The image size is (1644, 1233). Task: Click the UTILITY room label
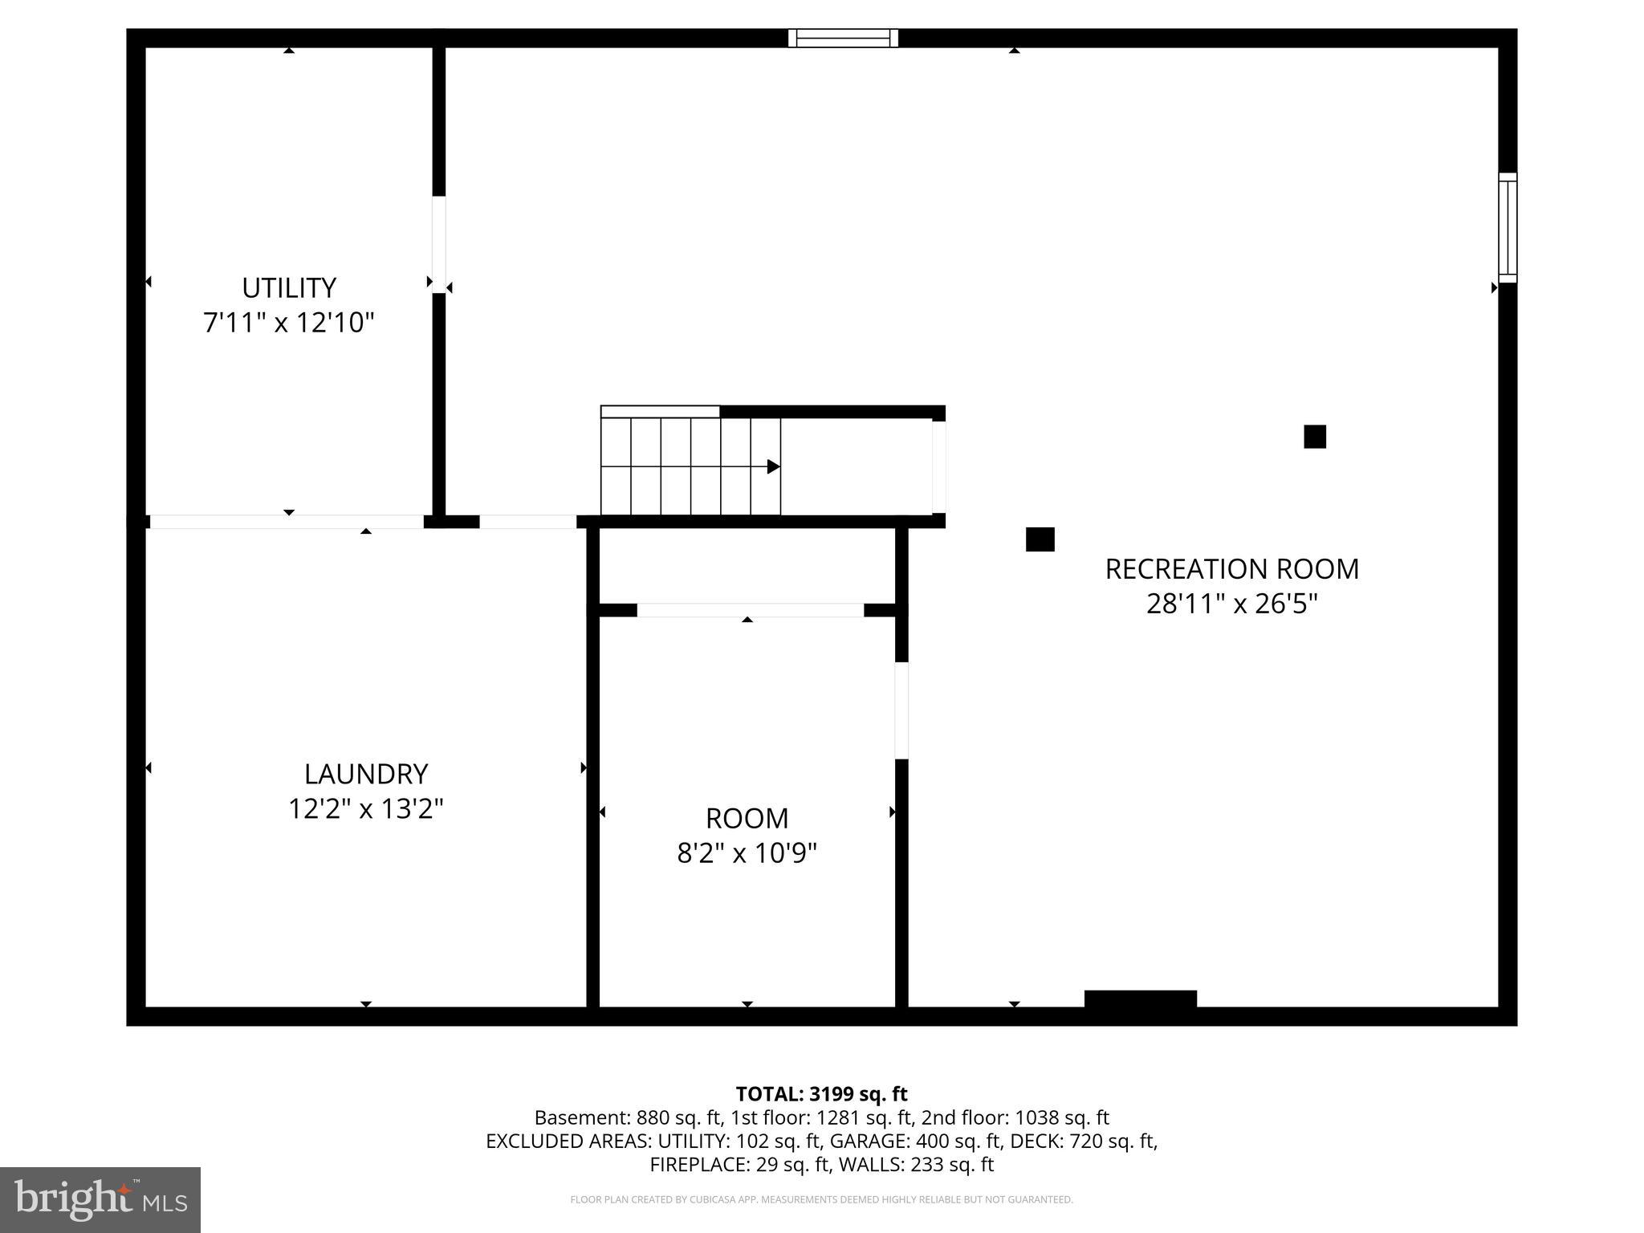[289, 287]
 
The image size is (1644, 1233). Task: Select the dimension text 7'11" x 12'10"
[289, 323]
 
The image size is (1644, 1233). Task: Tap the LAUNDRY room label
[366, 774]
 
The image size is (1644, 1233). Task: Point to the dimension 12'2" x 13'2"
[366, 808]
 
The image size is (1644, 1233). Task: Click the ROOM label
[747, 818]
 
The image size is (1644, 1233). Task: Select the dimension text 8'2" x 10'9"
[747, 853]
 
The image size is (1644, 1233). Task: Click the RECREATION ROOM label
[1231, 568]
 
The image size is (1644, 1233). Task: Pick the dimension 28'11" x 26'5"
[1231, 603]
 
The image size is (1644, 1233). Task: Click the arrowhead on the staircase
[773, 466]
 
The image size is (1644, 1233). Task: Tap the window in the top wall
[843, 38]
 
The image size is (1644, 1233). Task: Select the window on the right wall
[1508, 227]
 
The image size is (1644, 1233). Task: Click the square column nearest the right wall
[1314, 437]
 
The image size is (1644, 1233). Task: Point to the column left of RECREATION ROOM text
[1040, 539]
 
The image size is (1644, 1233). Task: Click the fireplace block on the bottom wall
[1140, 999]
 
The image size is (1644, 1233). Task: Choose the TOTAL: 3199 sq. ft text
[821, 1094]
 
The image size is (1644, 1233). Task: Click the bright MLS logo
[100, 1199]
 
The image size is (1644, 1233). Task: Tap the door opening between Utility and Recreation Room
[439, 244]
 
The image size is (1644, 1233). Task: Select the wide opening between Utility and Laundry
[287, 522]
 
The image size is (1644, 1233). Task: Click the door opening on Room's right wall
[901, 710]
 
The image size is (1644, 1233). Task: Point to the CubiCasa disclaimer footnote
[821, 1199]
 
